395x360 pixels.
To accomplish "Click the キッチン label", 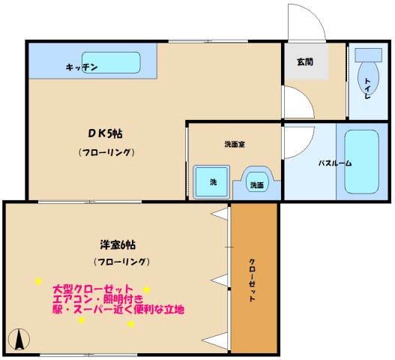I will pos(82,67).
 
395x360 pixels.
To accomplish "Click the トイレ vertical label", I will pos(368,88).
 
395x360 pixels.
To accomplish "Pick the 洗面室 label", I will pos(234,144).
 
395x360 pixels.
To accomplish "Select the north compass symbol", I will pos(20,340).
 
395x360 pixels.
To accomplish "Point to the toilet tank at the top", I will pos(368,55).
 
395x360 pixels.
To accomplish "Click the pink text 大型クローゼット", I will pos(93,289).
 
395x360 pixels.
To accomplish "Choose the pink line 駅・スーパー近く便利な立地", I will pos(118,309).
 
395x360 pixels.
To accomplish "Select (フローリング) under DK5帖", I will pos(106,152).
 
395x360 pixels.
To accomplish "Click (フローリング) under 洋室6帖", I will pos(122,262).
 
